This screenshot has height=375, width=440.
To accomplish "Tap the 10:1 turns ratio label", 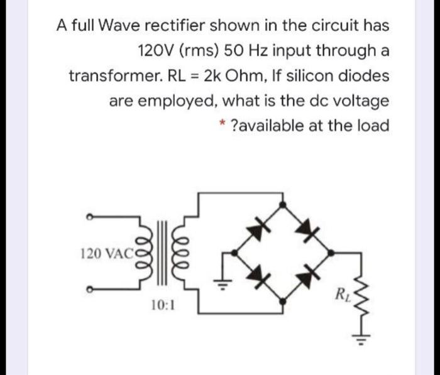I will pos(163,306).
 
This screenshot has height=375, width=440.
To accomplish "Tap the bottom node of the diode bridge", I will pos(284,302).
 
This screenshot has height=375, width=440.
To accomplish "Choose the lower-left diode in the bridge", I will pos(259,276).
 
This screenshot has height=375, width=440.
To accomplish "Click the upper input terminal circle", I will pos(90,217).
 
